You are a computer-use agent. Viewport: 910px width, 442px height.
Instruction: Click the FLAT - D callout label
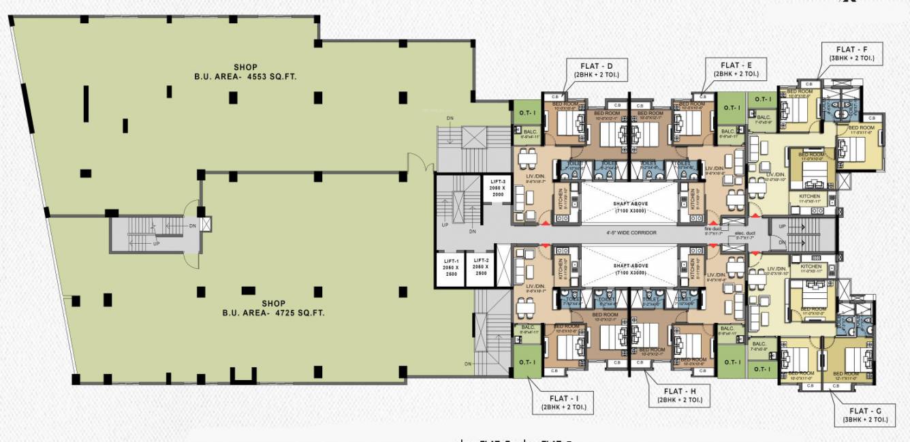[596, 70]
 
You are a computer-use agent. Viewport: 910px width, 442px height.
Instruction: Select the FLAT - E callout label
[736, 69]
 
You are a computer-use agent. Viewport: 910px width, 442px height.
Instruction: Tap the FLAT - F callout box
[852, 54]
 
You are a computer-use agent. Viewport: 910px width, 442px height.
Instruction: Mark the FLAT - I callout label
[563, 402]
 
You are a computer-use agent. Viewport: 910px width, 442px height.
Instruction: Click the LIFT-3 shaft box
[497, 188]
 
